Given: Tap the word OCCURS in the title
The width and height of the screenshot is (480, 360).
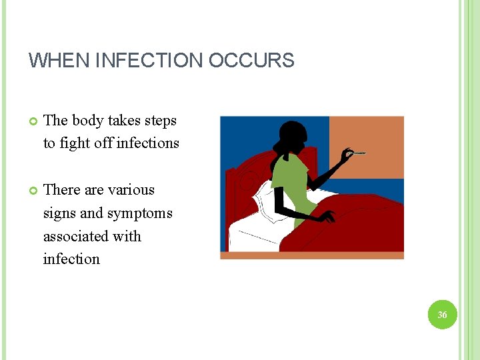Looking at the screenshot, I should (251, 61).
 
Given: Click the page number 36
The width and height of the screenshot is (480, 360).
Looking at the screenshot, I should (443, 314).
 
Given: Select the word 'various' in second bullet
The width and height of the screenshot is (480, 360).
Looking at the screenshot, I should (130, 190).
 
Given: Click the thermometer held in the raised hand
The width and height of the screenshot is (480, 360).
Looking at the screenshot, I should (358, 153).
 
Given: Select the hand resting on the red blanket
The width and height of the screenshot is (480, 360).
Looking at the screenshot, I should (327, 217).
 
